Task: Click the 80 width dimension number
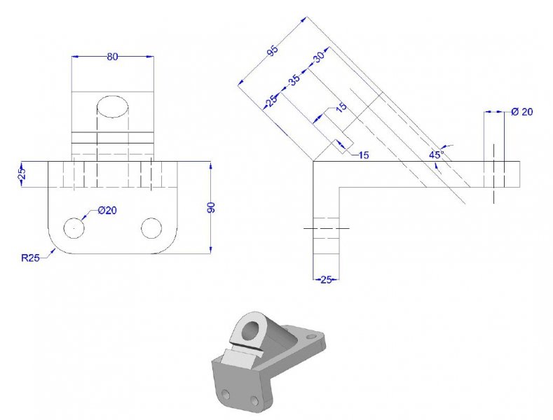[x=112, y=57]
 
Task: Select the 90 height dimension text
[x=211, y=207]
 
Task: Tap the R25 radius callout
[x=30, y=258]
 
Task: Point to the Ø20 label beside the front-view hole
[x=107, y=211]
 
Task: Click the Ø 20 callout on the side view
[x=522, y=112]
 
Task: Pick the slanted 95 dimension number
[x=273, y=50]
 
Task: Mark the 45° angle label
[x=437, y=154]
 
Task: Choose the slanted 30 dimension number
[x=319, y=57]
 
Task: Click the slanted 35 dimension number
[x=294, y=80]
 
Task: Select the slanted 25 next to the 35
[x=271, y=101]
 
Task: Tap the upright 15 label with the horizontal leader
[x=363, y=155]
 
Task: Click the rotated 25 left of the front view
[x=22, y=174]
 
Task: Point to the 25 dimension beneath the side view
[x=326, y=280]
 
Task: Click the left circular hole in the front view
[x=74, y=228]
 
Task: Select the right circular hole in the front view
[x=151, y=228]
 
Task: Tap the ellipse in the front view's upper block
[x=113, y=106]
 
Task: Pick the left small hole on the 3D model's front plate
[x=226, y=393]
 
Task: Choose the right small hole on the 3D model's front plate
[x=254, y=400]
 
